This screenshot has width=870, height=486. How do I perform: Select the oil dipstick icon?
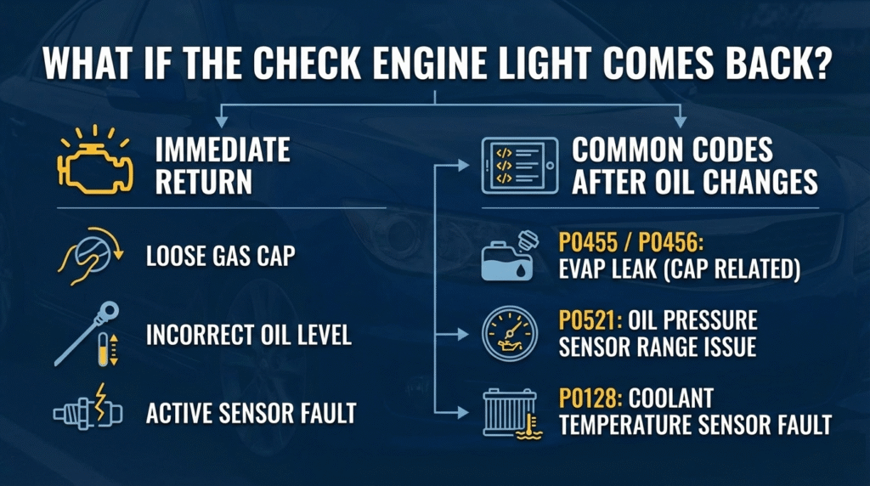(85, 334)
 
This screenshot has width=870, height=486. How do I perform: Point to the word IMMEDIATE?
(223, 151)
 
